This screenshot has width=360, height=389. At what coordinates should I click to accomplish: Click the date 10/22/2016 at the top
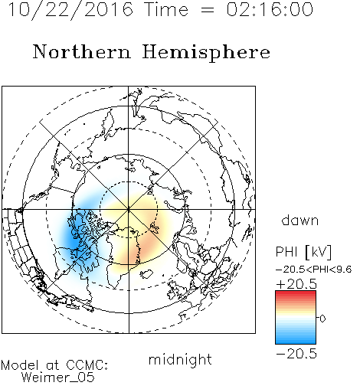pos(70,10)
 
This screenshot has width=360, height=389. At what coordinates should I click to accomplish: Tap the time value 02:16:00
pos(270,9)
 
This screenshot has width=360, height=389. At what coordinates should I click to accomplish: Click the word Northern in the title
pos(82,52)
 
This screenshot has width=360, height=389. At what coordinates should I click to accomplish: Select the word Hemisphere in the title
pos(206,53)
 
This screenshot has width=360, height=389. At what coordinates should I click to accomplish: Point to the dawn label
pos(300,220)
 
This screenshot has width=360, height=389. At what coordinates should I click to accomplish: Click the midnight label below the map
pos(180,359)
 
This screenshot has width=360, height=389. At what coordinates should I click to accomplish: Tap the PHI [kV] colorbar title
pos(304,252)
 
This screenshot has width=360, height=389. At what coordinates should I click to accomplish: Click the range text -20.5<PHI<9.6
pos(314,270)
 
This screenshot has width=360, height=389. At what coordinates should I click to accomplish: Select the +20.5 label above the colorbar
pos(296,284)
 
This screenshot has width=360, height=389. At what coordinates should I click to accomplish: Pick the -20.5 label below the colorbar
pos(296,354)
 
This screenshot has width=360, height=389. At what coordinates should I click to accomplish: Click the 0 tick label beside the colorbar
pos(322,319)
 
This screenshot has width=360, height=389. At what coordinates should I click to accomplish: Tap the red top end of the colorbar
pos(296,293)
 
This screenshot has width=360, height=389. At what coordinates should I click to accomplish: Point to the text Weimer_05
pos(58,378)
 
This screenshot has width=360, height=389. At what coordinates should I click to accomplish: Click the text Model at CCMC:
pos(54,364)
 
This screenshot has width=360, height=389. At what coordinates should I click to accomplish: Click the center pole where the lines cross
pos(129,209)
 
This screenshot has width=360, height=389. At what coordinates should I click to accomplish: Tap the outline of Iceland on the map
pos(146,274)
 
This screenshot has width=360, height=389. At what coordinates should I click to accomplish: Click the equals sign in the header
pos(207,10)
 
